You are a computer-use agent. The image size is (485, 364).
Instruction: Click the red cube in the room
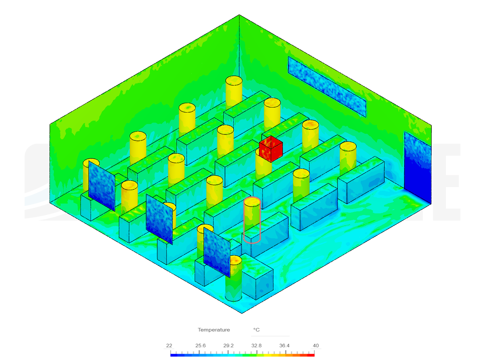(271, 149)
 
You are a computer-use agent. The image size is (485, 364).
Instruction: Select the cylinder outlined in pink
(252, 220)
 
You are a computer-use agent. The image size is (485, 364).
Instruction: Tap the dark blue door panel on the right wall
(418, 167)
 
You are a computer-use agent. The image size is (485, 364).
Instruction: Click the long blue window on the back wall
(327, 87)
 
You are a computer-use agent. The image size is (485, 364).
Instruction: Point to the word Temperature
(214, 330)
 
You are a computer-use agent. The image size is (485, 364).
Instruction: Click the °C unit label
(256, 330)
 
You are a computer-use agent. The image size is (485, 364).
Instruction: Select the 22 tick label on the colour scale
(169, 345)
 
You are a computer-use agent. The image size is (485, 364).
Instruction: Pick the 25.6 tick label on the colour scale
(200, 345)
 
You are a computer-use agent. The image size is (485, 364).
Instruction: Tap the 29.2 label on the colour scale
(228, 345)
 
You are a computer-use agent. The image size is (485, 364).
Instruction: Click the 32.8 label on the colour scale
(256, 345)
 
